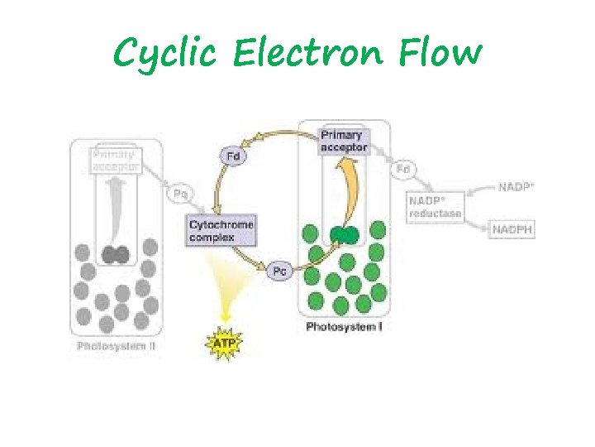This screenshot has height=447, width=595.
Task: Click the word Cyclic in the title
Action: (x=165, y=54)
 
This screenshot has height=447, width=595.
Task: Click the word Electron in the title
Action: (x=308, y=54)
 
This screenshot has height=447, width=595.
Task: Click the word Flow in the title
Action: (x=439, y=54)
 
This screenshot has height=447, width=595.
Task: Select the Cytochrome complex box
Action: (x=221, y=231)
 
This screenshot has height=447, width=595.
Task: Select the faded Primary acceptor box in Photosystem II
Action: (x=117, y=160)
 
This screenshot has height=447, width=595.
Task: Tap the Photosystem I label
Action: (x=344, y=327)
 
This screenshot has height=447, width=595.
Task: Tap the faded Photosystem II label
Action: (x=116, y=346)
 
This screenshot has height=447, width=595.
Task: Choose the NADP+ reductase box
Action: (x=435, y=206)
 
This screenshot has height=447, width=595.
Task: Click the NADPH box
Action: (x=512, y=228)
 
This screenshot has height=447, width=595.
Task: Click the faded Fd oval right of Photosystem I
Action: (x=403, y=169)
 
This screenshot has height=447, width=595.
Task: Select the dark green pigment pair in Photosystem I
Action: (x=344, y=235)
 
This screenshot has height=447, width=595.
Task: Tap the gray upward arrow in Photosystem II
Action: (x=118, y=207)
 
